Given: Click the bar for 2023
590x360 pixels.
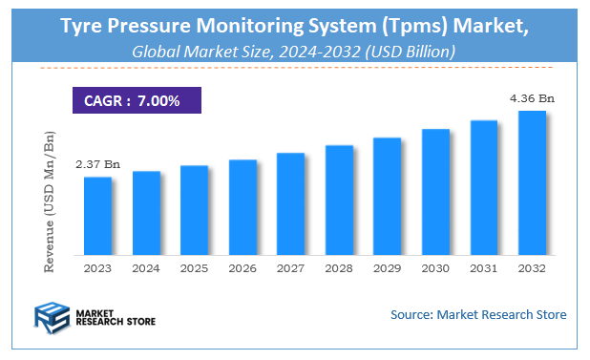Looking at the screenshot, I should pos(97,218).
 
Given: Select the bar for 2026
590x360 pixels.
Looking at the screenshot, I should pos(242,209).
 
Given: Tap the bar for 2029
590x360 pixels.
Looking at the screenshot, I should pos(387,198).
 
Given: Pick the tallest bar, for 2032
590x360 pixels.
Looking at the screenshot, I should pos(531,184).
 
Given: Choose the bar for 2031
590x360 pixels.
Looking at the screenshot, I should pos(483,189).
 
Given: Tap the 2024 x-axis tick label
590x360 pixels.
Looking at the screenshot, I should pos(146,270).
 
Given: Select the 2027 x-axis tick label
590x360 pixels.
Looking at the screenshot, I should pos(290,270).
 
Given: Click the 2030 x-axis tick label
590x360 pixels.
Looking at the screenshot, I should pos(434,270).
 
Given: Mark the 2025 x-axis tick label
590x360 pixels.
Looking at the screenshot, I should pos(194,270).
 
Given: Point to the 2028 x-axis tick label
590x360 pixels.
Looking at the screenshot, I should pos(338,270).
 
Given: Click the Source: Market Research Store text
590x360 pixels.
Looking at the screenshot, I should pos(478,314).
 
